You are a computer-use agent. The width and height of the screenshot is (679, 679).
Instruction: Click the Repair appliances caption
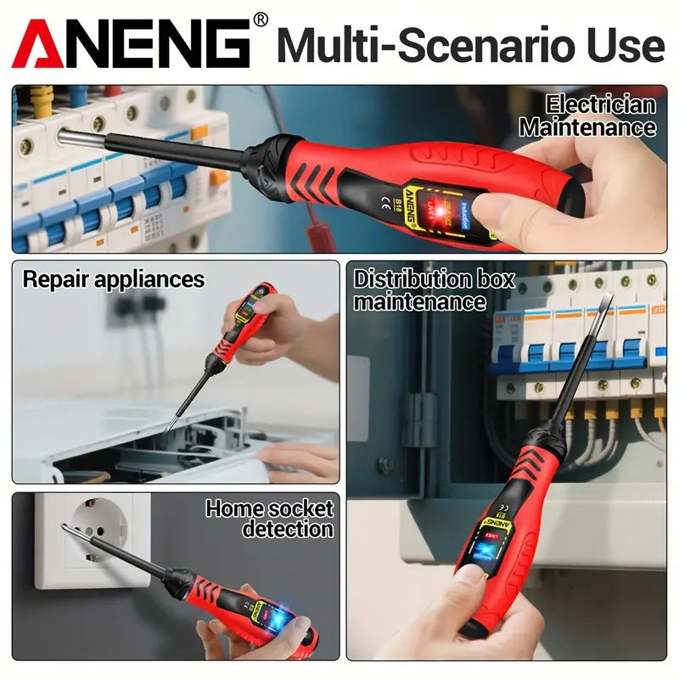[x=114, y=278]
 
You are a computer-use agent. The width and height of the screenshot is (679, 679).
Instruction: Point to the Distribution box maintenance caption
[x=434, y=289]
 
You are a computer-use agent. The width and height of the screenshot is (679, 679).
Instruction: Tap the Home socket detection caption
[x=270, y=519]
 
